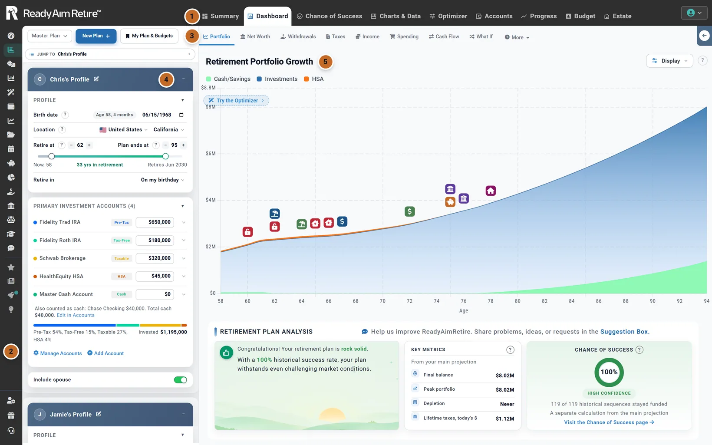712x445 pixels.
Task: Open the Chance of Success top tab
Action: click(x=329, y=16)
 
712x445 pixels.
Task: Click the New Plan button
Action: click(x=96, y=36)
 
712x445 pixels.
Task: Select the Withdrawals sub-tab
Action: click(x=298, y=36)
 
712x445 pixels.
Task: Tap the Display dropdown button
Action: click(x=669, y=61)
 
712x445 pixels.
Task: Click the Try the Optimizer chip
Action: click(x=236, y=100)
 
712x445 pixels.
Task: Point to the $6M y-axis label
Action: click(x=211, y=153)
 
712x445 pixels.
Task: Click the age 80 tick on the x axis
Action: click(x=518, y=301)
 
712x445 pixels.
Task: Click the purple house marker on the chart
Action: click(x=491, y=191)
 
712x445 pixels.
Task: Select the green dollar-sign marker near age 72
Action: click(x=409, y=211)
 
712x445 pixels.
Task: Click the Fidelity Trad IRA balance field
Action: click(x=155, y=222)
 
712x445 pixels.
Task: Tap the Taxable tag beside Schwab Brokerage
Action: click(x=122, y=258)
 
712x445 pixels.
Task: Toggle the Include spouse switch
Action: click(x=180, y=380)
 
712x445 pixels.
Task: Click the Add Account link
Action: click(x=105, y=353)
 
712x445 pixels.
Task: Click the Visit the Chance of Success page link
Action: click(x=609, y=422)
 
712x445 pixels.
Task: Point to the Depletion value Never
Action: click(x=507, y=404)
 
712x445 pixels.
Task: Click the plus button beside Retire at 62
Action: click(x=89, y=145)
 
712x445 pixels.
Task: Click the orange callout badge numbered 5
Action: click(x=326, y=62)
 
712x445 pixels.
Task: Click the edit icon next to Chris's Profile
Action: click(x=96, y=79)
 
